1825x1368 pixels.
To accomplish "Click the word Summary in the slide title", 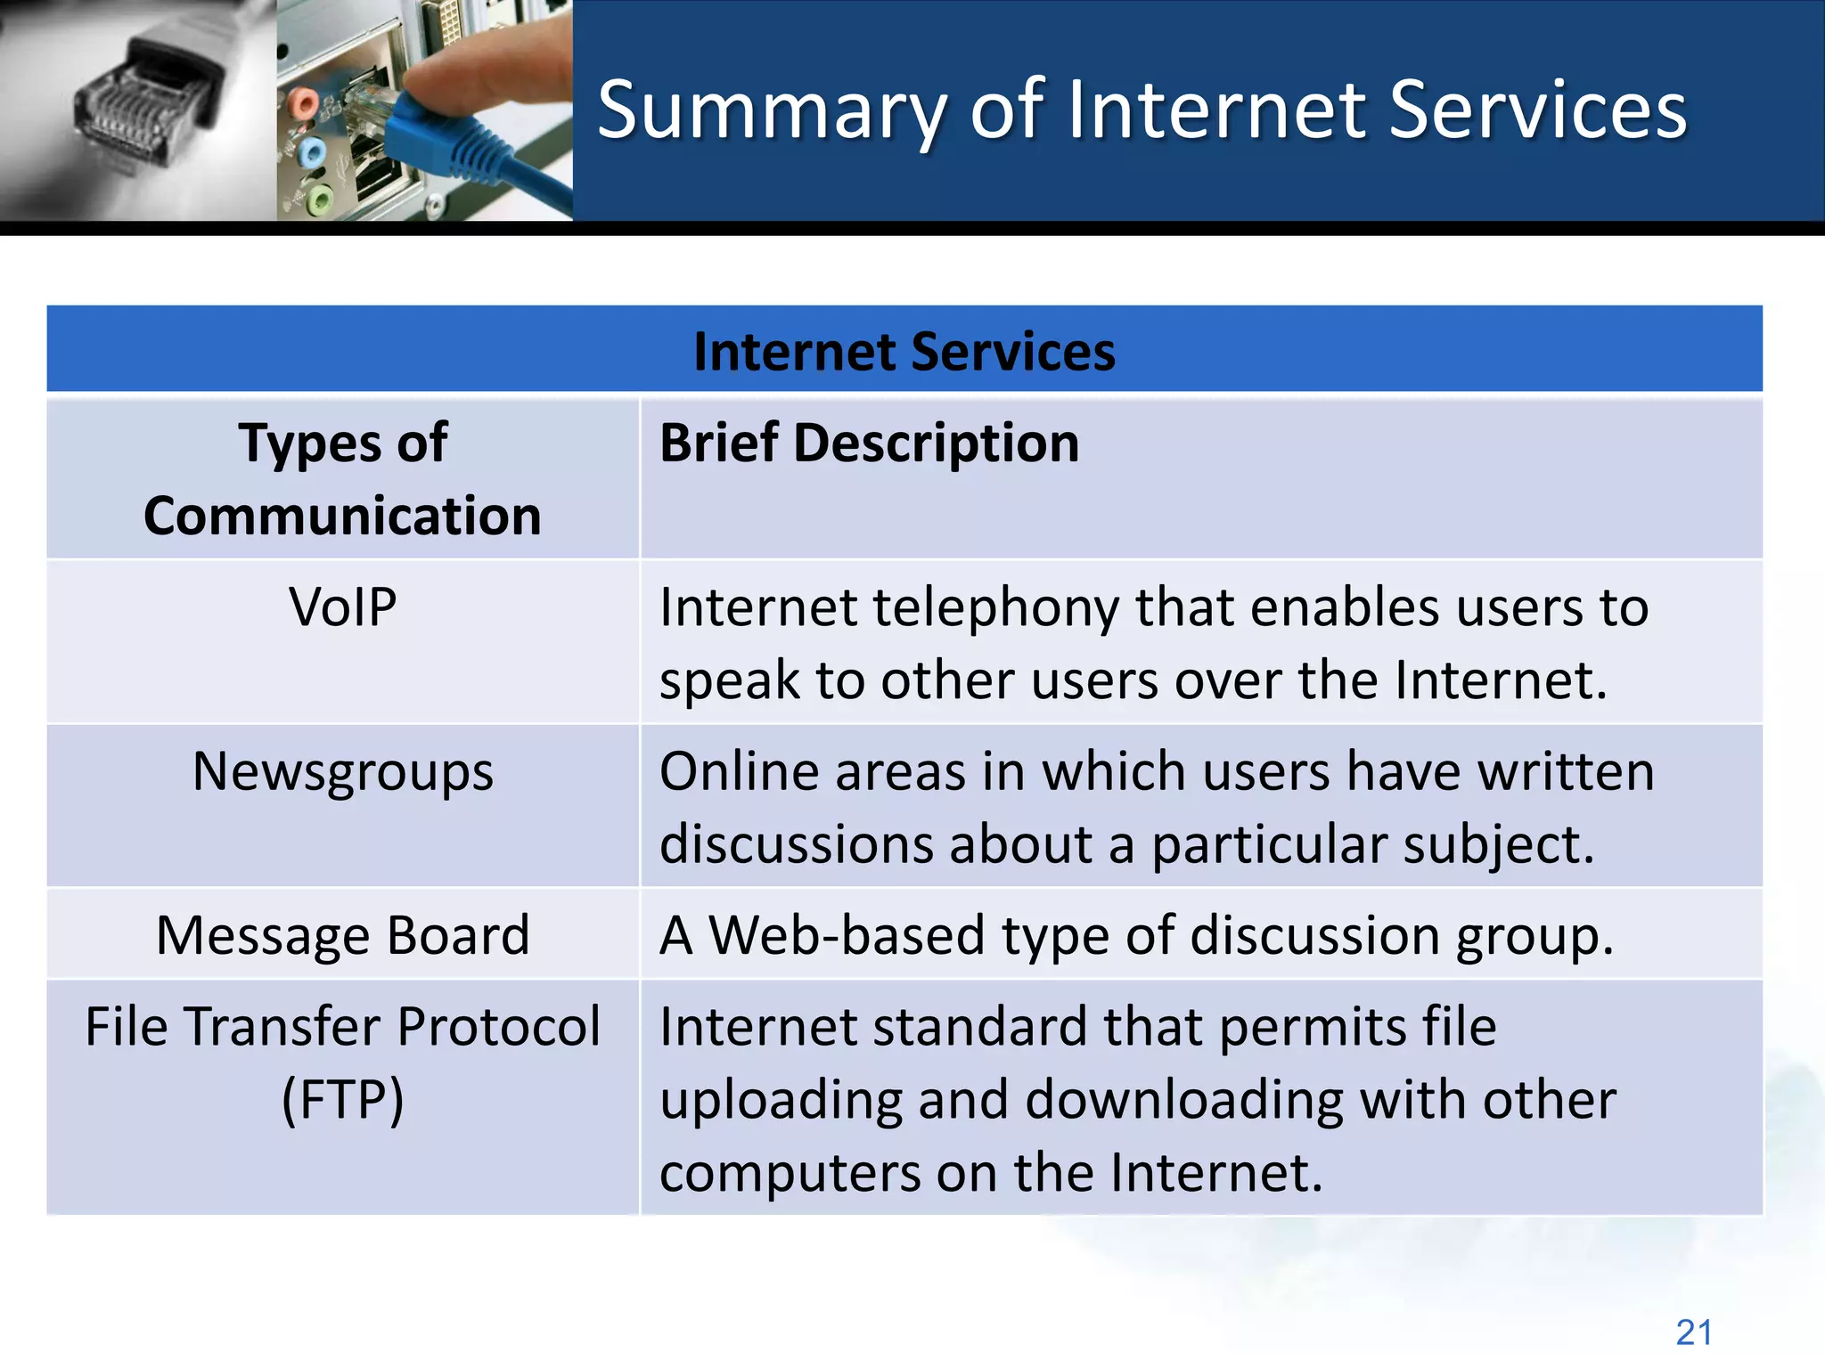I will (x=771, y=110).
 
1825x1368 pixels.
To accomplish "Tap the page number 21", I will (x=1693, y=1332).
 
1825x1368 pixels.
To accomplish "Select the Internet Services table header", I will (x=904, y=351).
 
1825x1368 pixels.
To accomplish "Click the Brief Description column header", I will (x=869, y=443).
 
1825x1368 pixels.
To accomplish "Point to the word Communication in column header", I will (x=342, y=516).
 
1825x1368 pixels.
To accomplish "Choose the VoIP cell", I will (x=342, y=607).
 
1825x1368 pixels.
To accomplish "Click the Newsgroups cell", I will (x=342, y=771).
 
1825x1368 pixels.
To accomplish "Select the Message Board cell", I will (x=342, y=935).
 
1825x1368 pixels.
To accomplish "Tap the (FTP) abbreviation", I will (x=342, y=1099).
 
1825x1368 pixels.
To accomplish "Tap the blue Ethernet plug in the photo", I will (x=428, y=134).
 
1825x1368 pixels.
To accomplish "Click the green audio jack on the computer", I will (x=319, y=199).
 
